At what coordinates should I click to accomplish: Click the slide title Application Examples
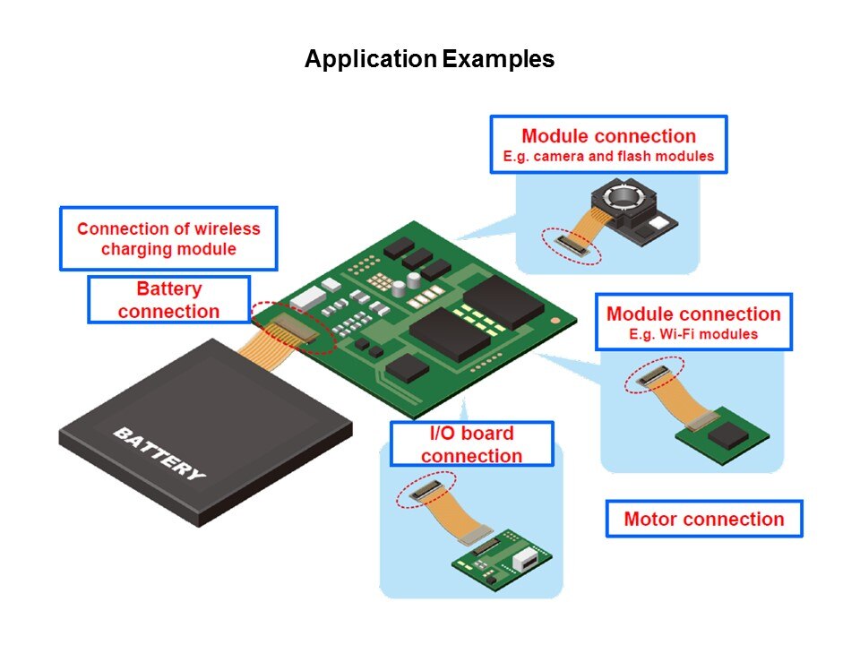coord(429,60)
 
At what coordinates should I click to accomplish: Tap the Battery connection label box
coord(168,300)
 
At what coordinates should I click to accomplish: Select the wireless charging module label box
coord(168,238)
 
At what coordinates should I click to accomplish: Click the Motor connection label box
coord(703,519)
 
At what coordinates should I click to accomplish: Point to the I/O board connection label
coord(472,444)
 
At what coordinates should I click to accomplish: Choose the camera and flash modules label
coord(608,145)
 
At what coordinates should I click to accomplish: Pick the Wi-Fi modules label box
coord(693,322)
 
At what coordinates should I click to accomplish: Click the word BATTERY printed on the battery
coord(159,452)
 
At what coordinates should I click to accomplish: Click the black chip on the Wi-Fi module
coord(724,436)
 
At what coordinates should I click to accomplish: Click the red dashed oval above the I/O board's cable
coord(427,485)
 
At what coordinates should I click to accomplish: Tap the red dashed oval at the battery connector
coord(292,325)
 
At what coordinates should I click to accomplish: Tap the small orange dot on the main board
coord(556,318)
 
